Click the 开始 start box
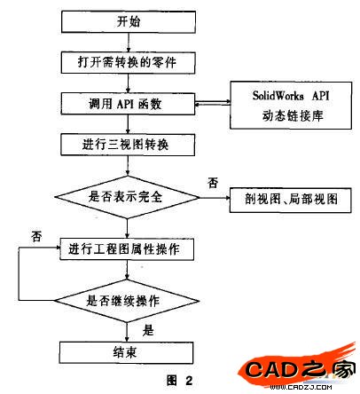[x=129, y=21]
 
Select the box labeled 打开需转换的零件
[x=128, y=63]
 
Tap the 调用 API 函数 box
[x=128, y=104]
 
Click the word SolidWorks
[x=278, y=96]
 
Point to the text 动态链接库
[x=292, y=115]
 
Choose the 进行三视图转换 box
[x=128, y=145]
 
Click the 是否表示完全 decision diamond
[x=128, y=197]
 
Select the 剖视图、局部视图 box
[x=291, y=200]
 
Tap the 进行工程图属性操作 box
[x=127, y=249]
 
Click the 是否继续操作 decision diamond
[x=127, y=301]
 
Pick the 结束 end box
[x=126, y=352]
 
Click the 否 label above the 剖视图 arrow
[x=213, y=183]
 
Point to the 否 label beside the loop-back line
[x=36, y=236]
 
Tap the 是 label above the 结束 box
[x=148, y=330]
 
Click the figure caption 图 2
[x=179, y=380]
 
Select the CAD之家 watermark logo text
[x=300, y=370]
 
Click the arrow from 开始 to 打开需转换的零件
[x=128, y=43]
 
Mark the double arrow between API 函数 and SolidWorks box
[x=213, y=103]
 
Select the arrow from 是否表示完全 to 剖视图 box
[x=215, y=198]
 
